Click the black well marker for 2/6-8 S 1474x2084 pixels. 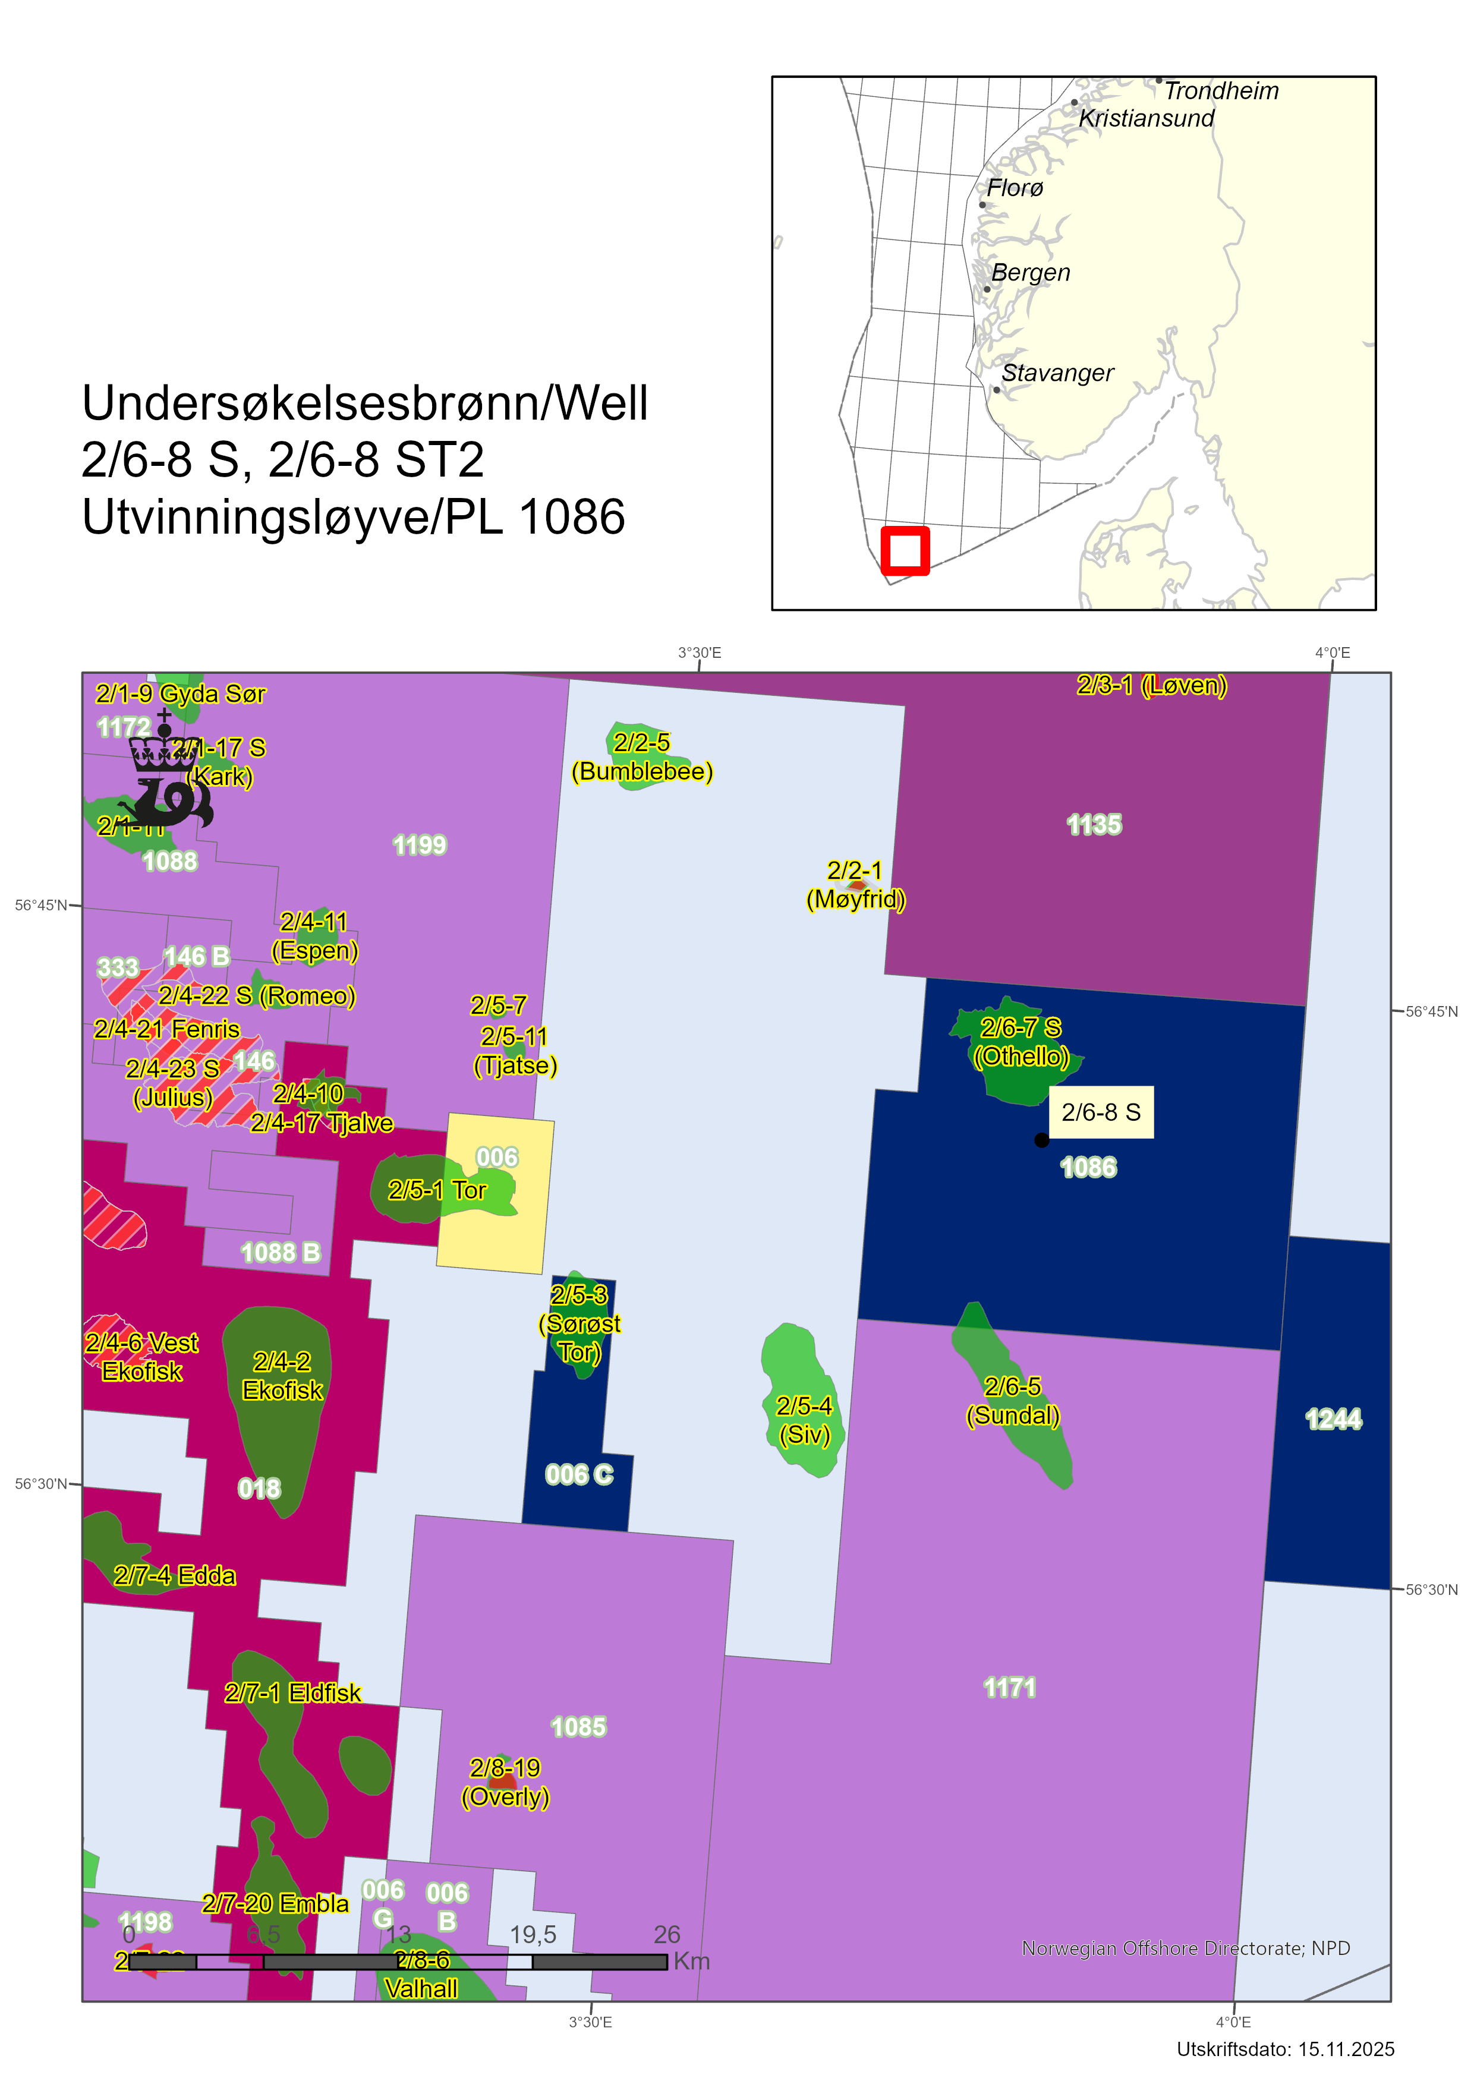(1041, 1140)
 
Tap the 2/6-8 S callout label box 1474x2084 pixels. (1101, 1112)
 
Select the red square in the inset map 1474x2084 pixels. (905, 550)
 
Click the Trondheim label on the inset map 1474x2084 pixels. (1221, 91)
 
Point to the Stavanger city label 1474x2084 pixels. (1057, 373)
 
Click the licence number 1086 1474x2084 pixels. (1088, 1167)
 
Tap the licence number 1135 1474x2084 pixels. (1094, 824)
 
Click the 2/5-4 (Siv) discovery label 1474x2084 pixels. (804, 1420)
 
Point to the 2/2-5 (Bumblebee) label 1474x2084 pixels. (642, 757)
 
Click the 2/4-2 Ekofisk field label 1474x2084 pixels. (282, 1376)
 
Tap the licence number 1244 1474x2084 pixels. (1333, 1418)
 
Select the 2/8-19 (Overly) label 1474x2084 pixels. (506, 1782)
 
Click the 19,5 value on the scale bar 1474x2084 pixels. (533, 1934)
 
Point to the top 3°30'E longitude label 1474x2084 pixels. (699, 652)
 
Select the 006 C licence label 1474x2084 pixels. (579, 1474)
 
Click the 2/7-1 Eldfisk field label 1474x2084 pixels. (292, 1693)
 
